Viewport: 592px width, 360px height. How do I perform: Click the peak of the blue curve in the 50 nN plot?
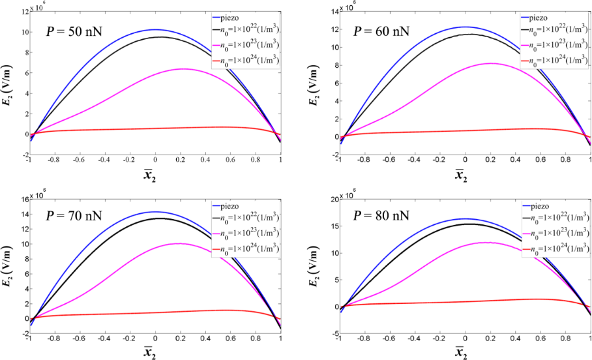coord(155,29)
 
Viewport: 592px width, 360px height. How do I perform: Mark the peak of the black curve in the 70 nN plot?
coord(158,218)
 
